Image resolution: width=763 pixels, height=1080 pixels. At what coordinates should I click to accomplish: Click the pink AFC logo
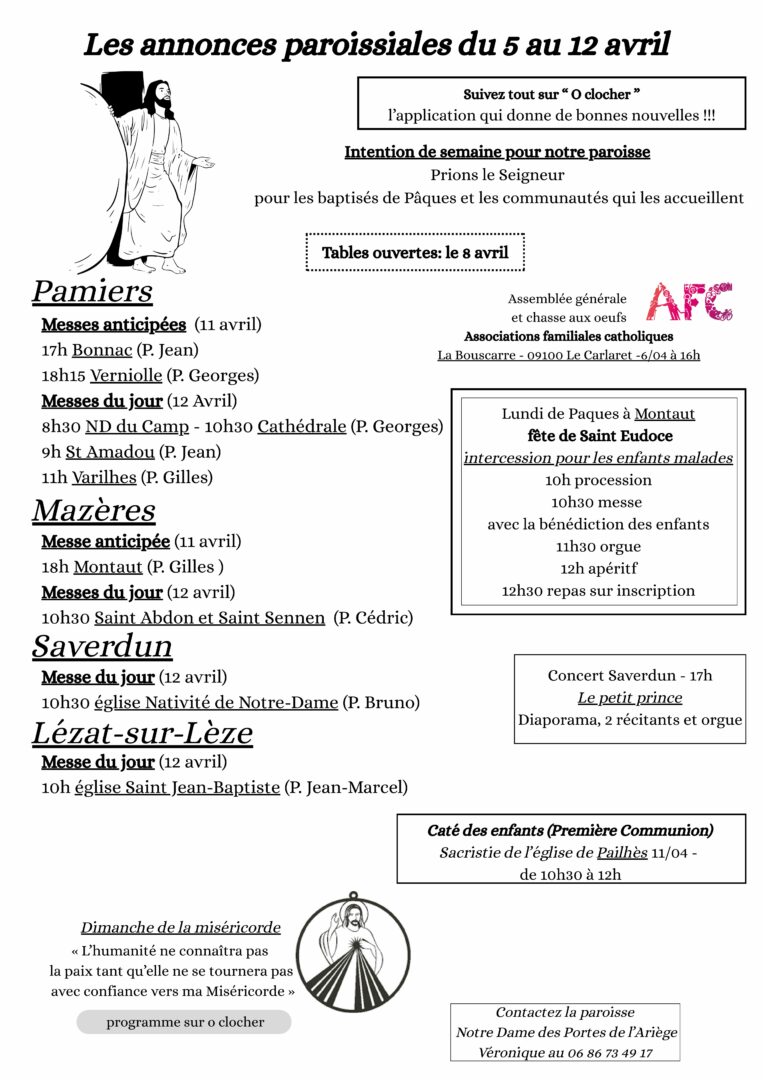tap(689, 301)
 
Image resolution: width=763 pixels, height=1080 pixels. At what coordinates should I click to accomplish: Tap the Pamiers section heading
tap(92, 291)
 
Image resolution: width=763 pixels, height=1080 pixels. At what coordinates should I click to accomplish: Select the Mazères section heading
tap(94, 510)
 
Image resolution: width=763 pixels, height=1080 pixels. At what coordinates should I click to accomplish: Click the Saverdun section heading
tap(102, 645)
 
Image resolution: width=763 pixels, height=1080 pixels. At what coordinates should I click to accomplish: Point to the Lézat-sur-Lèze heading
tap(142, 733)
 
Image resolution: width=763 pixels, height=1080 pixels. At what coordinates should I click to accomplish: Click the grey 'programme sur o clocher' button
tap(185, 1022)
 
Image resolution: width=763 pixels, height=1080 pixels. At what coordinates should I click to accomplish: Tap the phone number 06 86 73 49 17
tap(612, 1052)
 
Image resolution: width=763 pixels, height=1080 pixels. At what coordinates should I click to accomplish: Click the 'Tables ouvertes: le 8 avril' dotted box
tap(415, 253)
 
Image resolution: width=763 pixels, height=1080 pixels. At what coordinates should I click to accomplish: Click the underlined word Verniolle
tap(125, 376)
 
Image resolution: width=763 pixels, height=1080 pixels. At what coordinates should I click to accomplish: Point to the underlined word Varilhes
tap(104, 477)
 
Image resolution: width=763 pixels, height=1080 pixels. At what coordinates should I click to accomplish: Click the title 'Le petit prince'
tap(630, 698)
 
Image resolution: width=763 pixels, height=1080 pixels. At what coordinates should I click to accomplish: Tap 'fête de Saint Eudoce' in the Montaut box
tap(599, 436)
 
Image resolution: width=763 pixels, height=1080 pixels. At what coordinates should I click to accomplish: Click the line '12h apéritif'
tap(599, 568)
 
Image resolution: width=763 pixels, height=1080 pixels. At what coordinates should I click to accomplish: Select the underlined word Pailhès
tap(622, 853)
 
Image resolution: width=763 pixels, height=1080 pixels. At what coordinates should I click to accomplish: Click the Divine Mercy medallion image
tap(353, 951)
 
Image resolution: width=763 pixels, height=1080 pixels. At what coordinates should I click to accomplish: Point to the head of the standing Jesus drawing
tap(159, 97)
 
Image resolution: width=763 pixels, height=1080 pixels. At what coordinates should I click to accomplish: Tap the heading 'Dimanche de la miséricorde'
tap(181, 928)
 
